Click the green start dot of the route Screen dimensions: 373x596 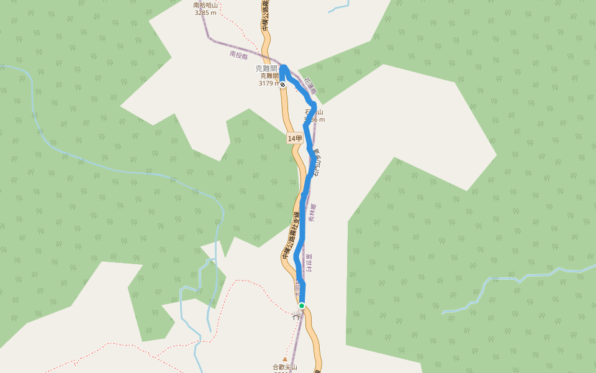(302, 305)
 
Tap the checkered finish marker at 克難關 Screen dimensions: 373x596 (282, 85)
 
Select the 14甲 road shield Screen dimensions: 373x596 (295, 139)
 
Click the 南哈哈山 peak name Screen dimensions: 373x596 (205, 5)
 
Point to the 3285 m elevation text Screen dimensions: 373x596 (205, 12)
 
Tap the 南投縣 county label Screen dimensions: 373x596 (238, 55)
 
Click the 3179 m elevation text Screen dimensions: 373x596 (268, 83)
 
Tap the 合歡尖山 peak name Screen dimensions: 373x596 (285, 367)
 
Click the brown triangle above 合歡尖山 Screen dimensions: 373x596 (285, 359)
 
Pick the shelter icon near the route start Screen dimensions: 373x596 (296, 315)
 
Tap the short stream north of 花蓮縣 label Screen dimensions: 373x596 (338, 8)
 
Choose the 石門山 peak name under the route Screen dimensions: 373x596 (313, 113)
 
